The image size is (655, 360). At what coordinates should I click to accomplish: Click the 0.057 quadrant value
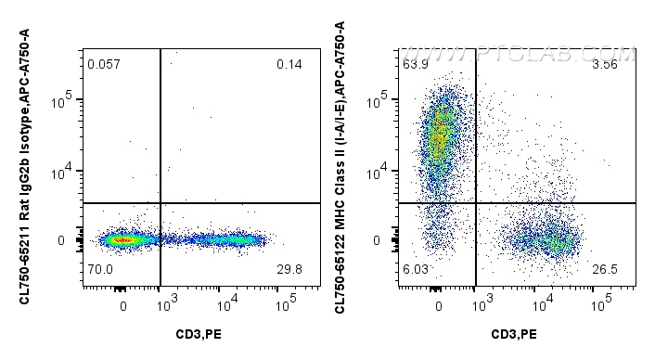click(x=103, y=64)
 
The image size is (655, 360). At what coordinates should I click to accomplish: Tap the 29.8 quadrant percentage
click(x=289, y=270)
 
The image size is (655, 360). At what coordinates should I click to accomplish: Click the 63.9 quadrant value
click(x=415, y=64)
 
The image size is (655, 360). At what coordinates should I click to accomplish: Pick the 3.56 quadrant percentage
click(x=605, y=64)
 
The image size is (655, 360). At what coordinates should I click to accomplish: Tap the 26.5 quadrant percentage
click(x=605, y=270)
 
